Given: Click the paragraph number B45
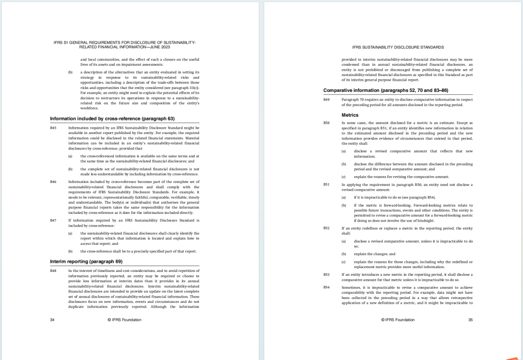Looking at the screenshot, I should tap(53, 128).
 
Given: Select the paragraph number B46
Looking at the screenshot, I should tap(53, 182).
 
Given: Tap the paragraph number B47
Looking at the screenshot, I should tap(53, 220).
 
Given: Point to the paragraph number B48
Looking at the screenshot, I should tap(53, 270).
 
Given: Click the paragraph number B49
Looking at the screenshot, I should tap(326, 100).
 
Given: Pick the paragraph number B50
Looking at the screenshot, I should tap(326, 123).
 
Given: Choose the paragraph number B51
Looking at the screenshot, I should tap(326, 185).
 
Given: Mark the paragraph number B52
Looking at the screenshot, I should tap(326, 228).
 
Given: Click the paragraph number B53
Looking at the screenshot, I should tap(326, 275).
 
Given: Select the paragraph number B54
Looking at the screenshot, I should tap(326, 287).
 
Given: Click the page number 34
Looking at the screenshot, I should tap(52, 320).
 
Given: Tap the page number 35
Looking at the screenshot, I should tap(470, 320).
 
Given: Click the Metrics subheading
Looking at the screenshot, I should tap(350, 115).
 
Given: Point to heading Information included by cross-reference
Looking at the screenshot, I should tap(112, 119).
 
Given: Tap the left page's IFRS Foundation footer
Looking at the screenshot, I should tap(124, 320).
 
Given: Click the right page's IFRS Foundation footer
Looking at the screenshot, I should tap(398, 320).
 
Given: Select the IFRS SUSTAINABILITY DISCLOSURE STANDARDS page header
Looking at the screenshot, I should tap(398, 47).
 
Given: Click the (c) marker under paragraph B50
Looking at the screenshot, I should tap(343, 177).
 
